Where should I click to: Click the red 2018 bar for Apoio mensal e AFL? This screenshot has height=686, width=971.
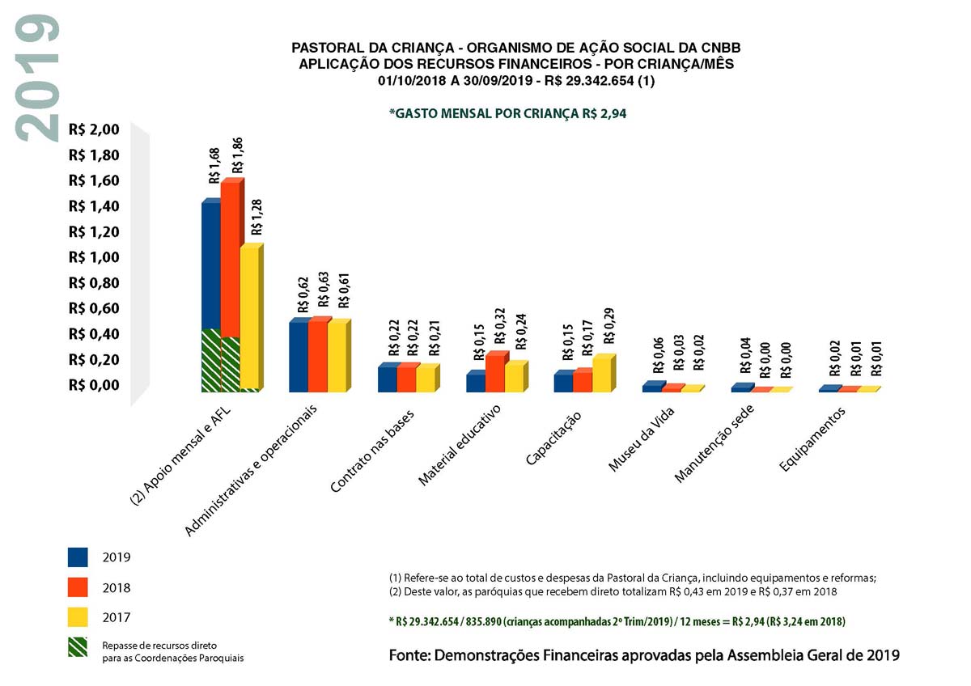tap(230, 286)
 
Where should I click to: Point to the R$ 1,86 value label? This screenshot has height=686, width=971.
tap(237, 156)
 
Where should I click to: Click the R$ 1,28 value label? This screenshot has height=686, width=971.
tap(257, 217)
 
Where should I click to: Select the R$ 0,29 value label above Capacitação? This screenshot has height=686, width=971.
tap(608, 326)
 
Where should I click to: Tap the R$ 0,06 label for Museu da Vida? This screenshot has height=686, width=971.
tap(659, 355)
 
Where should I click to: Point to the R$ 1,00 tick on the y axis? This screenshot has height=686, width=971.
tap(94, 257)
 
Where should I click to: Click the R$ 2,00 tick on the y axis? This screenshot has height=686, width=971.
tap(94, 129)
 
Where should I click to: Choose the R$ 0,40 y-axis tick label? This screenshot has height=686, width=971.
tap(94, 334)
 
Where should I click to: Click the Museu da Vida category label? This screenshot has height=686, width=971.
tap(642, 439)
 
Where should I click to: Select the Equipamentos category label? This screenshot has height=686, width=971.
tap(812, 439)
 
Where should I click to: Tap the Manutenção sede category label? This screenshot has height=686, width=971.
tap(714, 443)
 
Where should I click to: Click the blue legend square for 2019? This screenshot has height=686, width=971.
tap(78, 557)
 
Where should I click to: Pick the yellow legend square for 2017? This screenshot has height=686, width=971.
tap(78, 617)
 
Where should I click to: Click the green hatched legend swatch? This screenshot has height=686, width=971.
tap(78, 647)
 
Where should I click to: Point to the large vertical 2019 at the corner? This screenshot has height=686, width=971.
tap(37, 78)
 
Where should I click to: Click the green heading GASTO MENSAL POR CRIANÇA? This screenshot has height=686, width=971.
tap(507, 113)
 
